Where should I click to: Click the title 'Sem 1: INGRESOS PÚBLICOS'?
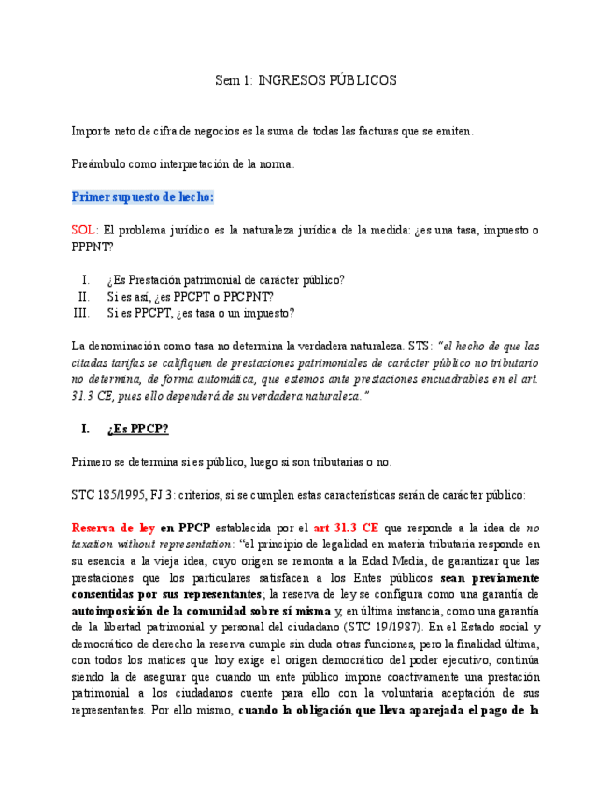306,80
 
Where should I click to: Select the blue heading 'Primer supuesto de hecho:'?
143,197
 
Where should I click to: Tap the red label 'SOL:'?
85,230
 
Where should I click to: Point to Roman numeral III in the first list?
80,313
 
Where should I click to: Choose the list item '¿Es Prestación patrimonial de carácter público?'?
225,279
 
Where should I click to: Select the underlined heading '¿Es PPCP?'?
137,429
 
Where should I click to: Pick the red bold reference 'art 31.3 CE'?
347,527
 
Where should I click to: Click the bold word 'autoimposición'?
117,610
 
